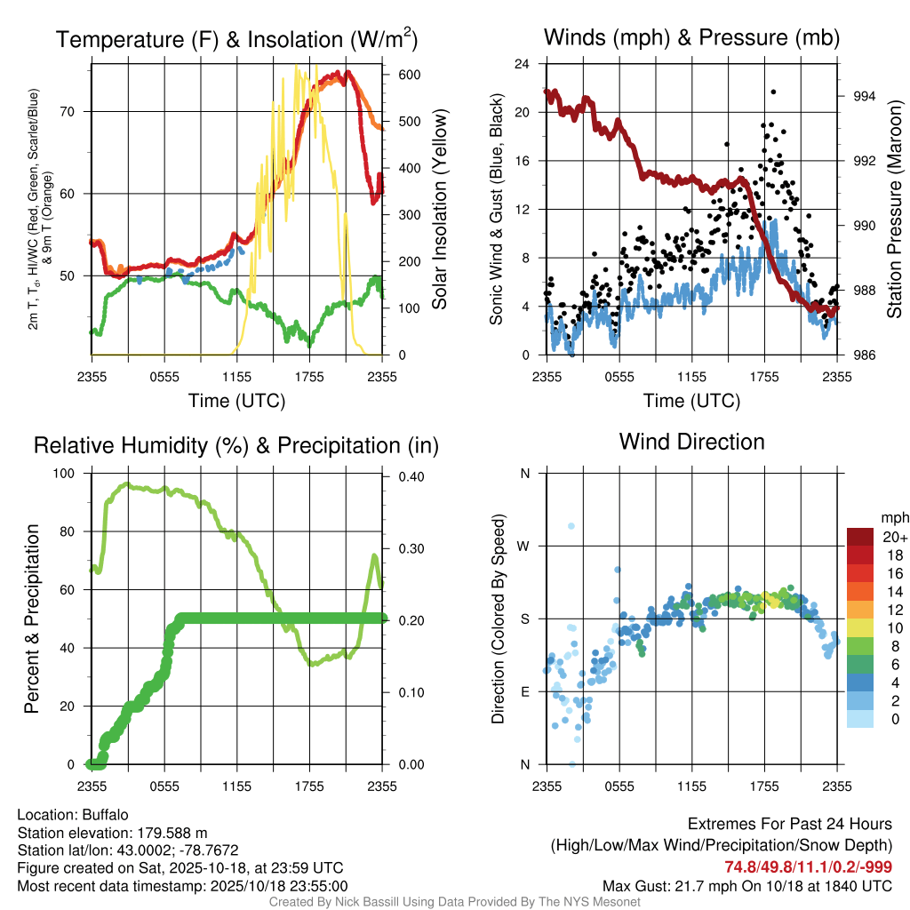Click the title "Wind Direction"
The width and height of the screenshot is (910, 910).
[691, 442]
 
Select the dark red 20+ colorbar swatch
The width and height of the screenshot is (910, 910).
[860, 536]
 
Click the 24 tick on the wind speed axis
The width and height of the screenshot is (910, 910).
[523, 64]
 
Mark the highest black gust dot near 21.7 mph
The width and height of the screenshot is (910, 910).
[773, 92]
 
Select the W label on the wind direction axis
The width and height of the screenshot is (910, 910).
[524, 546]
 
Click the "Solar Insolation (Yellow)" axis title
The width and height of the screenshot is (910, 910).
[440, 209]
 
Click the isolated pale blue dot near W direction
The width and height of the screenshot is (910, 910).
[571, 526]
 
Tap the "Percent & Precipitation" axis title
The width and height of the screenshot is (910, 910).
[32, 619]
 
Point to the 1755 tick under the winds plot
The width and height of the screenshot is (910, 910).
[764, 377]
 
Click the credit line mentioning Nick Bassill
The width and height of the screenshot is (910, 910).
[454, 902]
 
